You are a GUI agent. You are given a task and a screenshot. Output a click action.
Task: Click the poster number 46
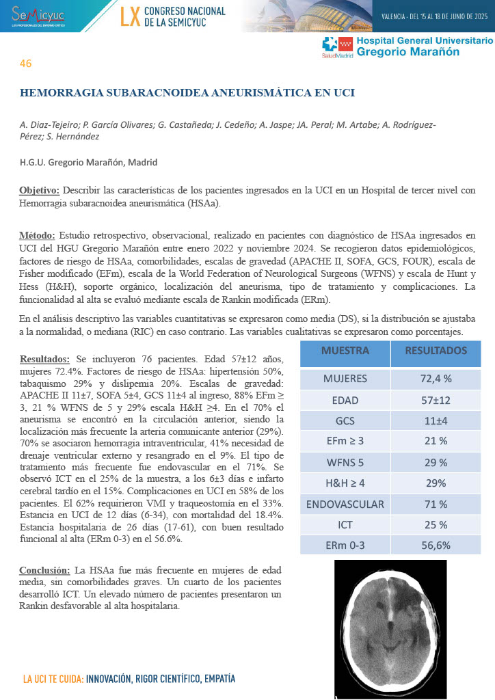(25, 64)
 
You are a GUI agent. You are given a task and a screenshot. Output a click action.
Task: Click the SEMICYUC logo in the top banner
(34, 15)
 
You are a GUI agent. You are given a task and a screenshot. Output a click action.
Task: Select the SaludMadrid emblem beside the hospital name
(338, 46)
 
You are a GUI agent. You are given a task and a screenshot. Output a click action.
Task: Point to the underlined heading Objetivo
(40, 190)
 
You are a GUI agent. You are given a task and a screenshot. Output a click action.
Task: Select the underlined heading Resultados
(44, 359)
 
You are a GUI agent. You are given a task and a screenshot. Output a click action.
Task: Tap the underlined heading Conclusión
(44, 570)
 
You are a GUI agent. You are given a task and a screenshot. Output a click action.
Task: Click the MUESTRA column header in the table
(345, 351)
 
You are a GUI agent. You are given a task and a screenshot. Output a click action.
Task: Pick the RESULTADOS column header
(436, 351)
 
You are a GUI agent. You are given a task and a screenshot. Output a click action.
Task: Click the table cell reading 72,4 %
(436, 379)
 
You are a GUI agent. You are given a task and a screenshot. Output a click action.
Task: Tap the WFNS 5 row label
(345, 463)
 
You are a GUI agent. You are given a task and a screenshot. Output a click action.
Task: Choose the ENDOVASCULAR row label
(345, 504)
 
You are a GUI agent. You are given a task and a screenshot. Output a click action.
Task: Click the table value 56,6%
(436, 545)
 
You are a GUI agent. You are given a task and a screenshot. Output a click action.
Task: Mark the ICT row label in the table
(345, 525)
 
